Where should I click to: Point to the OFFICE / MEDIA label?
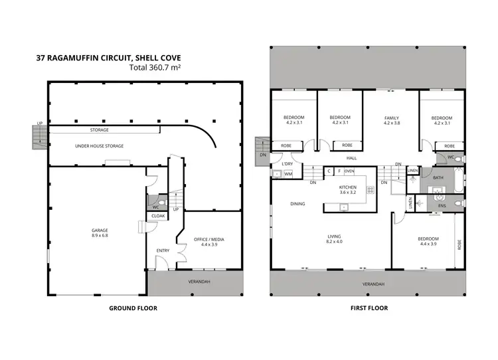(x=209, y=241)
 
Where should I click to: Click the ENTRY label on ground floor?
(x=162, y=250)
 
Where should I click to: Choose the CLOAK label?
(x=158, y=216)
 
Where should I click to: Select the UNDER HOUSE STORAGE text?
(x=99, y=145)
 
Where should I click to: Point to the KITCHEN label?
(x=348, y=188)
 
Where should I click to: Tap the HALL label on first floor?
(x=351, y=158)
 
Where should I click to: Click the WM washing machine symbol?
(x=288, y=174)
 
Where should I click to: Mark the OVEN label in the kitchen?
(x=349, y=171)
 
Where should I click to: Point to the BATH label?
(x=438, y=177)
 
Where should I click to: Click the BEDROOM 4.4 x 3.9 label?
(x=428, y=241)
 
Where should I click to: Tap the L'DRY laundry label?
(x=288, y=163)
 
